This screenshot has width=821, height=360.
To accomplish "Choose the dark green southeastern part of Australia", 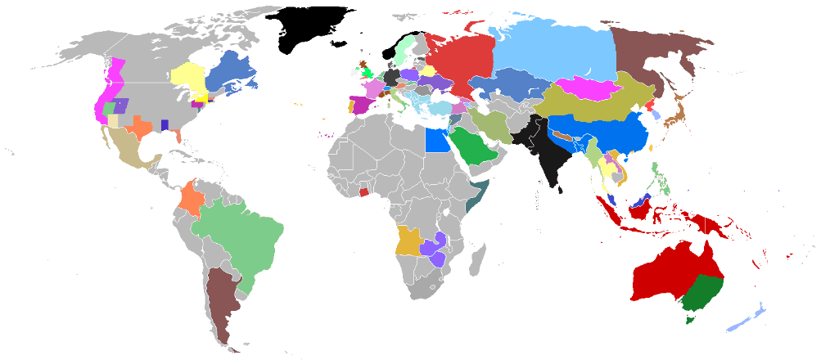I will coord(700,295).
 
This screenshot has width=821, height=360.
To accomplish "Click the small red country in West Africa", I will coord(363,192).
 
